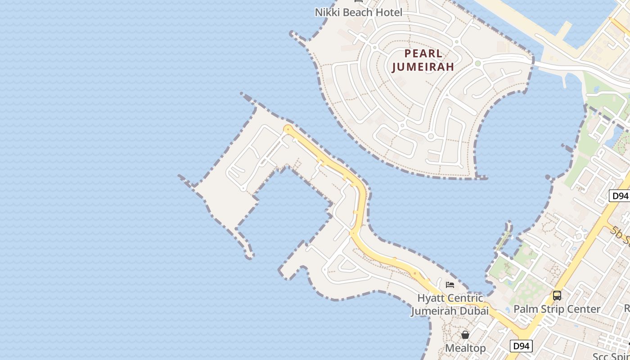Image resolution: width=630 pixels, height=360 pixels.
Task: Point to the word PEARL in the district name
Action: [423, 54]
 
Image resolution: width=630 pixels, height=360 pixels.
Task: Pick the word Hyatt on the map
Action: [429, 298]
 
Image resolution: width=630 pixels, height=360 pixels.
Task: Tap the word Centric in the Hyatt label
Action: [463, 298]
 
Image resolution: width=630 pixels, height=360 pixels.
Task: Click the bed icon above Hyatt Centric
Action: [450, 285]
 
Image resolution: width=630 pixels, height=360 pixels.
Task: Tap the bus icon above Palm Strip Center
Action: [557, 296]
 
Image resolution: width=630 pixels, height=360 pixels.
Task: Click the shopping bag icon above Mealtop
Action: [465, 335]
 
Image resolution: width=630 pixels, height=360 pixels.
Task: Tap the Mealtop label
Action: [465, 348]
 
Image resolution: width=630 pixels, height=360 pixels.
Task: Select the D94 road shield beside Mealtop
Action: [521, 346]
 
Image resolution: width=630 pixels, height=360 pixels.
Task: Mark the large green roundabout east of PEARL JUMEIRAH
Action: [477, 63]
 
